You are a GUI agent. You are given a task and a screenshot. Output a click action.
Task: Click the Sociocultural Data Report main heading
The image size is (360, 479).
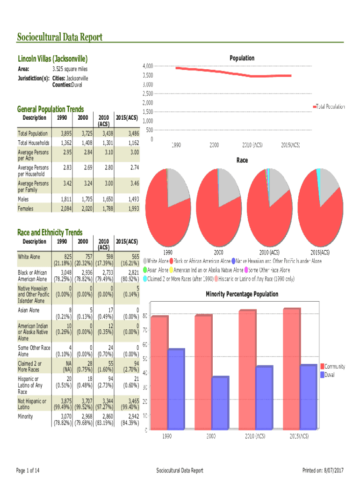59,37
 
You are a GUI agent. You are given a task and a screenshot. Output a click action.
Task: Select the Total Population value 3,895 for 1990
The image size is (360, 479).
64,134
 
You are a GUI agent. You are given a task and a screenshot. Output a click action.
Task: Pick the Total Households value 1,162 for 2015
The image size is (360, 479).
131,142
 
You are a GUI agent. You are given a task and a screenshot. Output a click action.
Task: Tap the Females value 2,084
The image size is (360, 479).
64,209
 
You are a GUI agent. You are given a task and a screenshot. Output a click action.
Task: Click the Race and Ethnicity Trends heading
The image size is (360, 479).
50,232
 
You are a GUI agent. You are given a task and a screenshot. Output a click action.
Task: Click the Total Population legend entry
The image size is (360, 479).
330,107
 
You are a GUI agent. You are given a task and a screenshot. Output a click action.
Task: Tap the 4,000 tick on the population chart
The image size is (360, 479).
147,66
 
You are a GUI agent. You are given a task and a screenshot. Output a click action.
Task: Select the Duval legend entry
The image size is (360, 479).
329,375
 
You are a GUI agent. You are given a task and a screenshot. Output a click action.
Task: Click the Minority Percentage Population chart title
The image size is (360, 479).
242,294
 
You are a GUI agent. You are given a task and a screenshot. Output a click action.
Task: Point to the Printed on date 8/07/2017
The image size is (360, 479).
323,470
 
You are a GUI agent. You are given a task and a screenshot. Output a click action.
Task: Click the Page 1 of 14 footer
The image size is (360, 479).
28,470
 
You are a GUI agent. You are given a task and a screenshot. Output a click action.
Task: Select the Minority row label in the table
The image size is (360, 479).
25,416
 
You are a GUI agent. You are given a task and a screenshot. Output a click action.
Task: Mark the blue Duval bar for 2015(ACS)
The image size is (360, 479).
309,397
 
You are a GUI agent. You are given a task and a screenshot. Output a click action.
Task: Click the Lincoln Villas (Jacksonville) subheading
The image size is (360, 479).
53,59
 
